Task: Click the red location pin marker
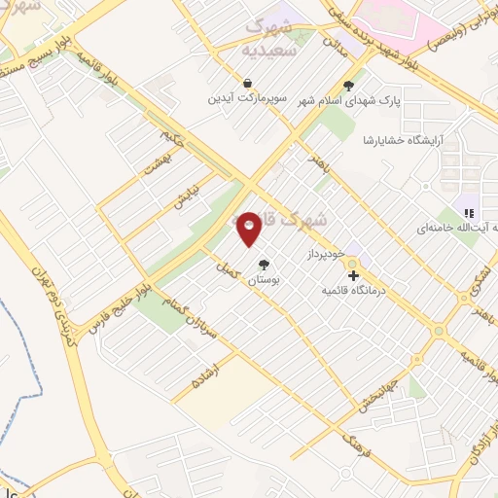click(249, 228)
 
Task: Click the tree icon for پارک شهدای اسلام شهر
click(348, 84)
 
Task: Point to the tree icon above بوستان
click(263, 264)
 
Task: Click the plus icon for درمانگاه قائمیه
click(352, 275)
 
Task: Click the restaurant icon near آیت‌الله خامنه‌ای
click(468, 213)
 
